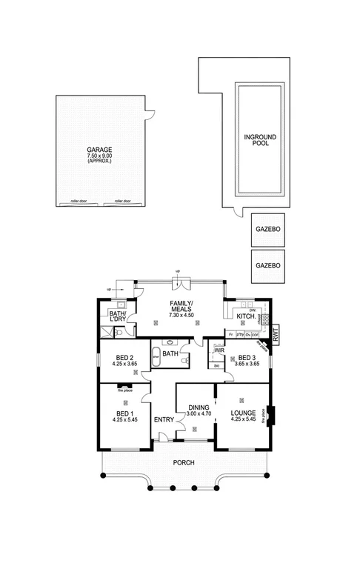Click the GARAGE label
99,150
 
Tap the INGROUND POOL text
257,140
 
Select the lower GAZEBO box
267,264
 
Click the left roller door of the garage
79,202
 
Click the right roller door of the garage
122,202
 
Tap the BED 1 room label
124,413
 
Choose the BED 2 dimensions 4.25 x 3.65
124,364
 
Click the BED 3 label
245,356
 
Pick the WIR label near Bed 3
220,350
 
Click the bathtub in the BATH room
168,354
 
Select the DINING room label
198,407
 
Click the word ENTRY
164,420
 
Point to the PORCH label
184,462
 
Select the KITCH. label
246,317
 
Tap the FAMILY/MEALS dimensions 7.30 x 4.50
180,316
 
